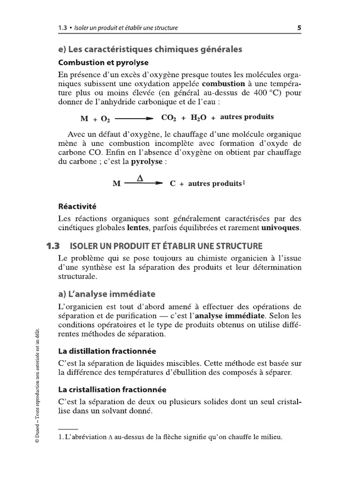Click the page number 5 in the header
pos(299,28)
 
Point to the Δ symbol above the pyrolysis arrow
pos(139,178)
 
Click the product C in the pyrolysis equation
pos(172,184)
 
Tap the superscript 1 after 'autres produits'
pos(243,183)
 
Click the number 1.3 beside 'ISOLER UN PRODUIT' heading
pos(54,246)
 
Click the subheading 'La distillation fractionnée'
pos(107,351)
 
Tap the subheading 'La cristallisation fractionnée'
pos(112,389)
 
